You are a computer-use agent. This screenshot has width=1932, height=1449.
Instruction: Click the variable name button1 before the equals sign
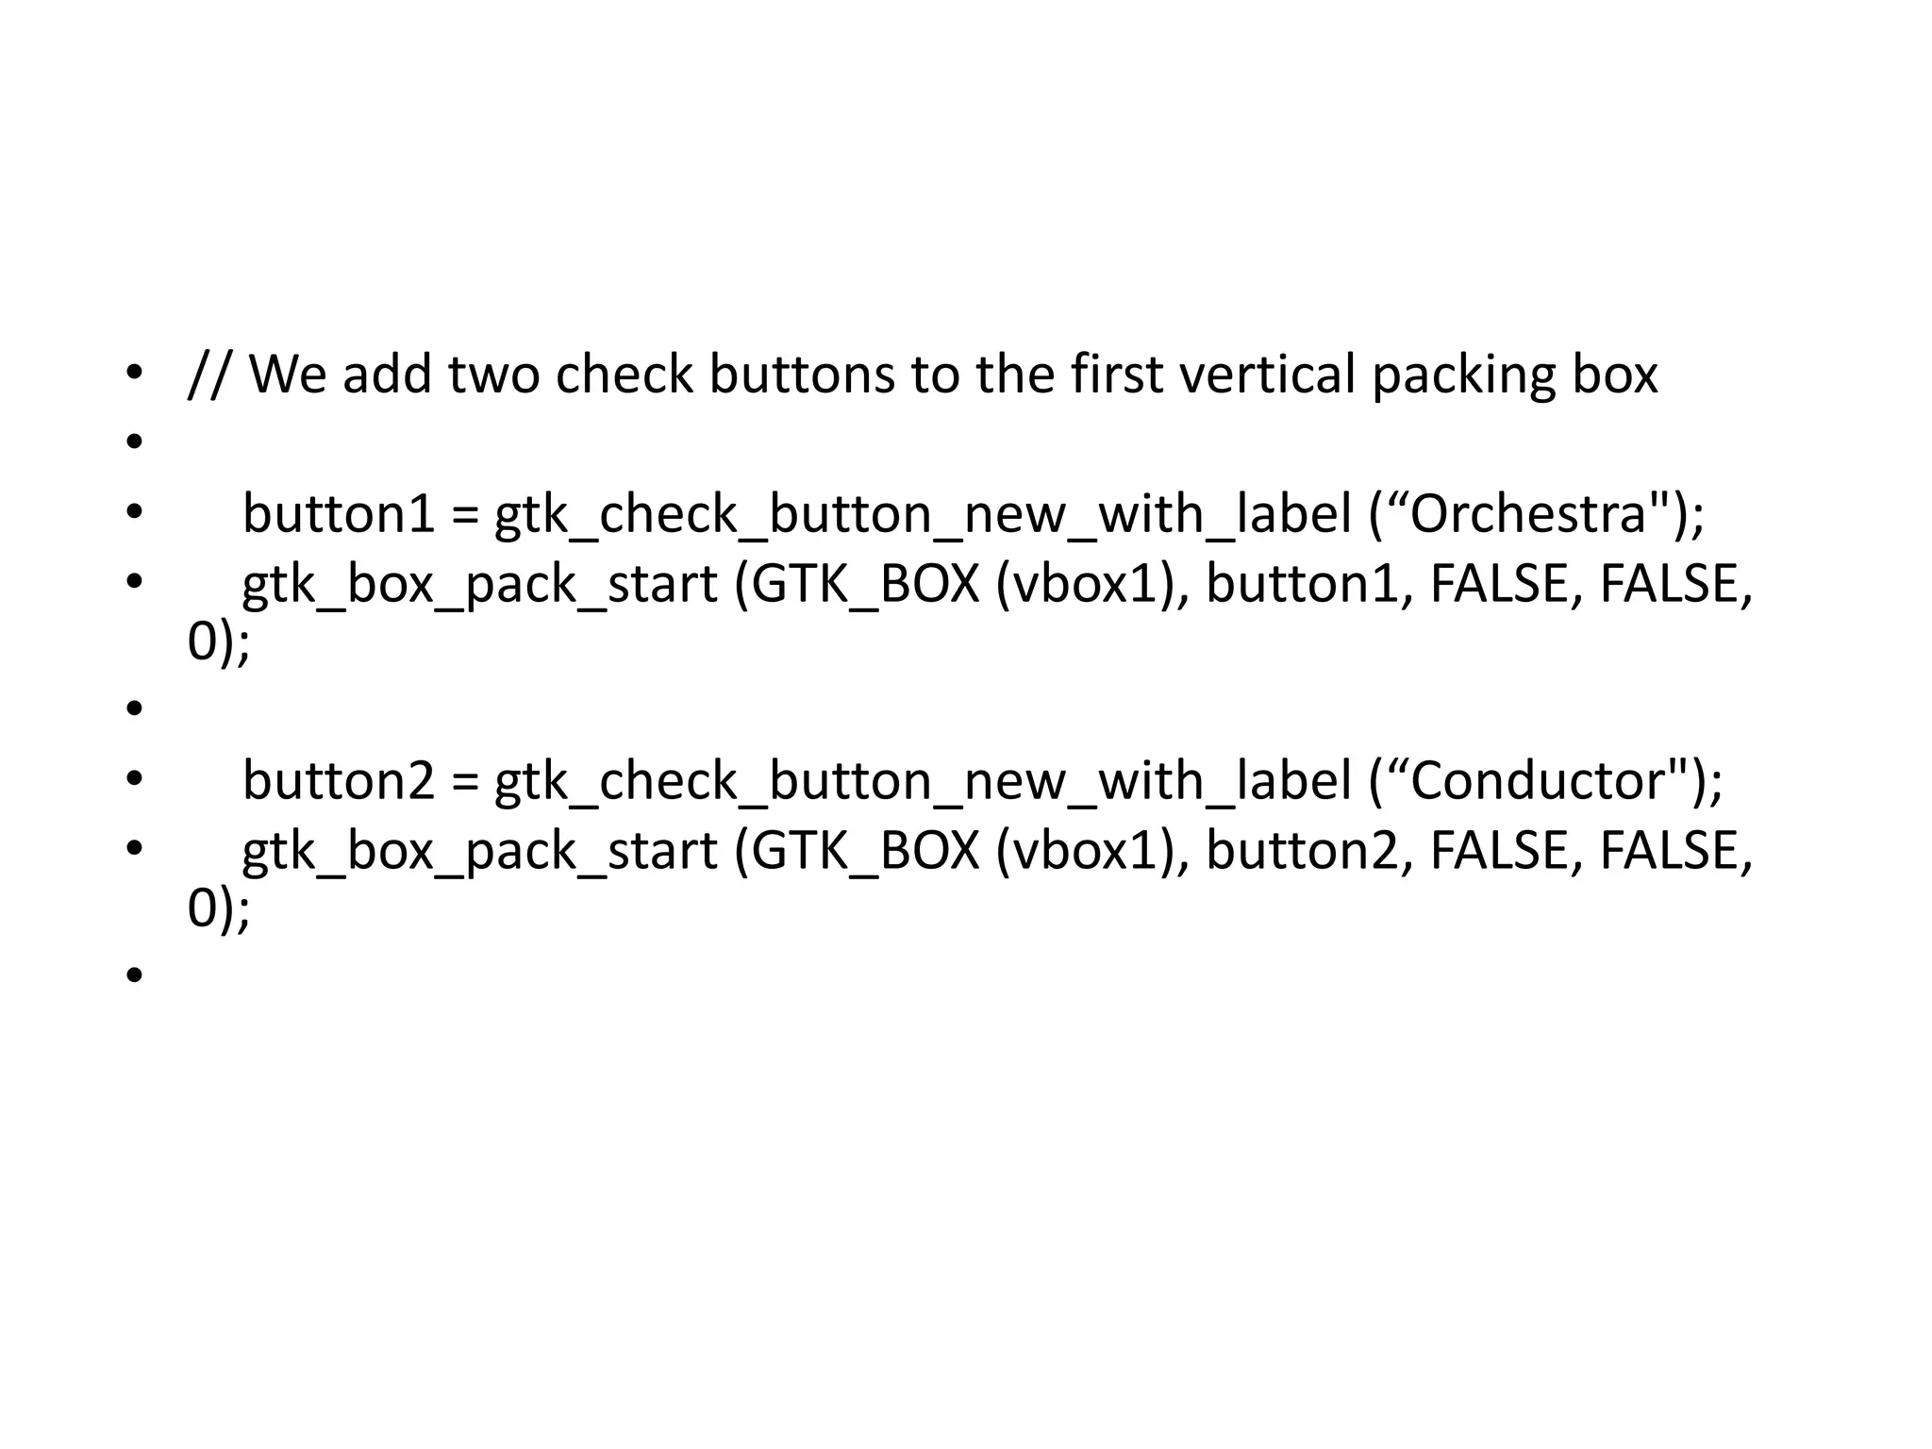[x=339, y=515]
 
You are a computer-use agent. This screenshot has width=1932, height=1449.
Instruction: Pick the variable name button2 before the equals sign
[x=339, y=781]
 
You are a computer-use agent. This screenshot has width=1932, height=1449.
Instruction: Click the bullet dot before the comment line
[x=134, y=373]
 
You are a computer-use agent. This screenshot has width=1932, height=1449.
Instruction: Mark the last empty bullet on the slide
[x=134, y=974]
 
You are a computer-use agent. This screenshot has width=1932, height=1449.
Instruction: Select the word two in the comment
[x=493, y=374]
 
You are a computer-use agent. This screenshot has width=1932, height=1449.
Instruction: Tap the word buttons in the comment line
[x=801, y=374]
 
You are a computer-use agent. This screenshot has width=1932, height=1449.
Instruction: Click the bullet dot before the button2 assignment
[x=134, y=779]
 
